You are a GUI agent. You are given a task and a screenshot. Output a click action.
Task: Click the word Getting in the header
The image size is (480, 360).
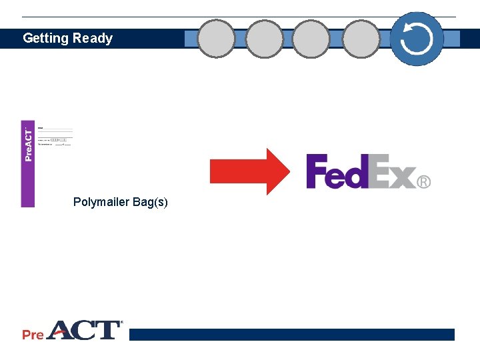[x=45, y=39]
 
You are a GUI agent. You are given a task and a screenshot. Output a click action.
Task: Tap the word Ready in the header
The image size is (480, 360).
[x=93, y=39]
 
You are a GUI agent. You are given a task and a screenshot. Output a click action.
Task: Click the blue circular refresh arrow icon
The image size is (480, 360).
[x=417, y=39]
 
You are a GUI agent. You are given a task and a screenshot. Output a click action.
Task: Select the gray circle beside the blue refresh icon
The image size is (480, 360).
[x=361, y=39]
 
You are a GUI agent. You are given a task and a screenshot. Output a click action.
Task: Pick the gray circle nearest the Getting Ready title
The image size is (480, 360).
[x=217, y=39]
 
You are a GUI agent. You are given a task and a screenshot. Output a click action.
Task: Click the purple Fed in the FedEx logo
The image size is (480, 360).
[x=337, y=172]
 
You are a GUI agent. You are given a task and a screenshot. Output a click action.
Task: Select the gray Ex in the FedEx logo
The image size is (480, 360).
[x=393, y=172]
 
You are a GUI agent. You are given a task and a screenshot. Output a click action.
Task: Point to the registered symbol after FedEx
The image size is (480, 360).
[x=424, y=181]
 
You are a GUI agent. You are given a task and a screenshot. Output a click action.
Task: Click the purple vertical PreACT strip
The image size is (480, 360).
[x=27, y=164]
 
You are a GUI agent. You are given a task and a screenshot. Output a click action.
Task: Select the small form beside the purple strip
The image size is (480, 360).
[x=55, y=136]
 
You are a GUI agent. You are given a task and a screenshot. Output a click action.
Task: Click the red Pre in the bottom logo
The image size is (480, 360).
[x=33, y=335]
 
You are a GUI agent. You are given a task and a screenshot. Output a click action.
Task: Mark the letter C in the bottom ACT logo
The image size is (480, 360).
[x=87, y=330]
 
